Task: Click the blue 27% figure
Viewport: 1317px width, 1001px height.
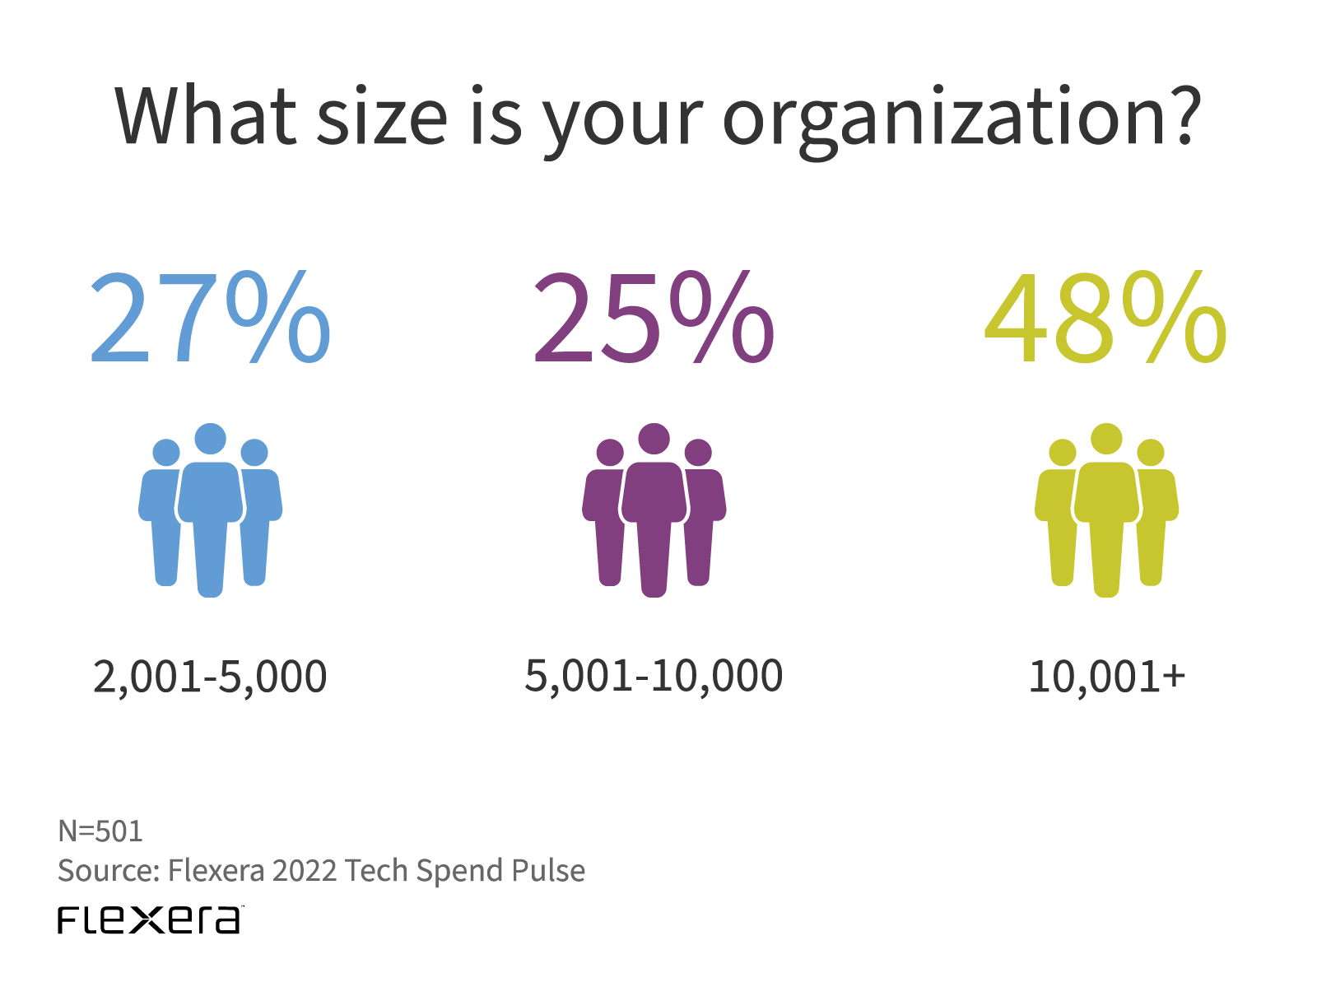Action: [210, 319]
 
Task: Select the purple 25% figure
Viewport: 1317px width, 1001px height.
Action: [654, 319]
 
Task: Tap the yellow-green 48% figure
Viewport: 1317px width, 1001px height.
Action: [1105, 319]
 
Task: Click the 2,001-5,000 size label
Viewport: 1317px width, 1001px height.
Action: [210, 677]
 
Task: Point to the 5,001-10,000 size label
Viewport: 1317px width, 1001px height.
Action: [654, 677]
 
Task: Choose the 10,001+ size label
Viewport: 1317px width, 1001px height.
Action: [1106, 677]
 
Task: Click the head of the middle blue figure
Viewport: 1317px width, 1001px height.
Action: [210, 439]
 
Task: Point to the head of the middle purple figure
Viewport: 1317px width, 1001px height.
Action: [654, 439]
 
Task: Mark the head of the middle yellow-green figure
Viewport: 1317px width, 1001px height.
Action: [1106, 439]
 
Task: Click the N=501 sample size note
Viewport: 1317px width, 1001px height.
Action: [100, 831]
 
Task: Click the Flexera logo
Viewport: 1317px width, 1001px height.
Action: [150, 920]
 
